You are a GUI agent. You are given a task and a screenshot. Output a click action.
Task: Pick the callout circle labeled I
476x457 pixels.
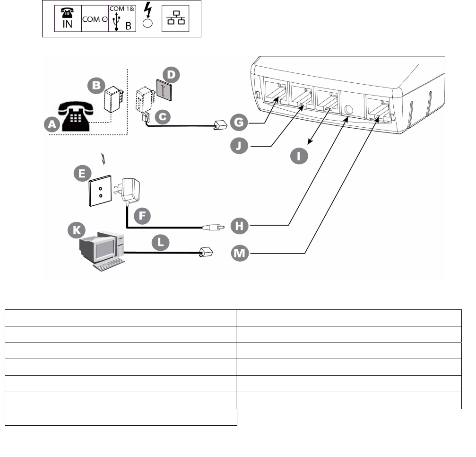click(298, 156)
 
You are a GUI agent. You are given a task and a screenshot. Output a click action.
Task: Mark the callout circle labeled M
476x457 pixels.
click(241, 254)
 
